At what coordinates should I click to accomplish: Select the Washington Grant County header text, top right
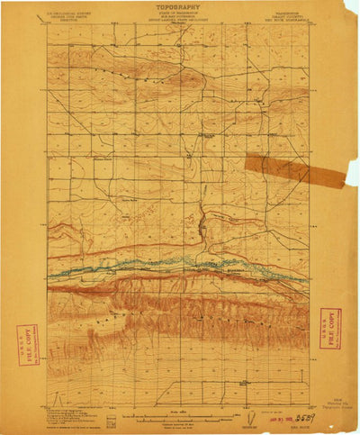click(x=290, y=19)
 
